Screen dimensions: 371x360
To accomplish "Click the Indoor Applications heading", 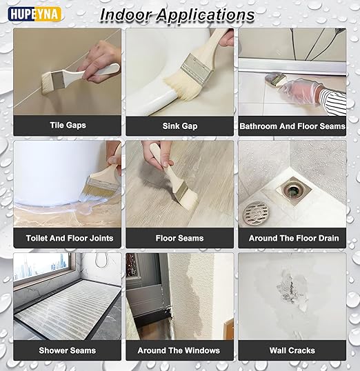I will tap(177, 14).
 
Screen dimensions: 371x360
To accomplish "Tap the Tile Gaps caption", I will tap(68, 126).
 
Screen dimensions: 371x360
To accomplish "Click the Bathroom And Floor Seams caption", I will tap(292, 126).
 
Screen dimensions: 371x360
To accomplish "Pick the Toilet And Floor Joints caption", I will tap(69, 238).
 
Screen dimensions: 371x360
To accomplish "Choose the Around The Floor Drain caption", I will tap(292, 238).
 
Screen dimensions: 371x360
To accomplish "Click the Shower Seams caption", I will tap(68, 350).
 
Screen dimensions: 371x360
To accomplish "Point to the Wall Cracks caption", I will tap(292, 350).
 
